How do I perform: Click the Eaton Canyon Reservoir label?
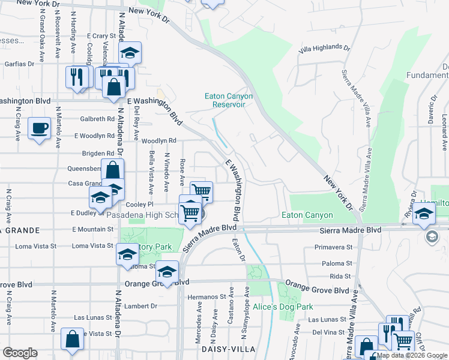[229, 100]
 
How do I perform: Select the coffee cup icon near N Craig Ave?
[40, 128]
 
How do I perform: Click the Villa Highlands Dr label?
[324, 47]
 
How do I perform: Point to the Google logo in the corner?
[20, 353]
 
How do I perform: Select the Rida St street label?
[340, 276]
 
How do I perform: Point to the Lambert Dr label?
[141, 305]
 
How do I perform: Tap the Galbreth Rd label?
[97, 119]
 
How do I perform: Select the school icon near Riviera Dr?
[424, 214]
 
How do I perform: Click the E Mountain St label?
[92, 229]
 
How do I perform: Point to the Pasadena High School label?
[143, 215]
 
